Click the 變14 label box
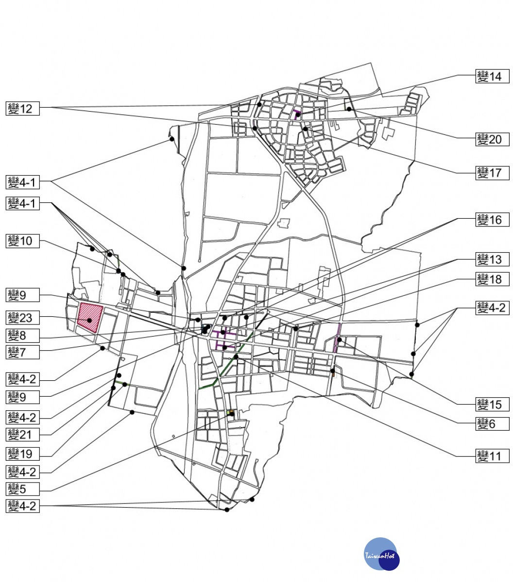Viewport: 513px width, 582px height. coord(492,77)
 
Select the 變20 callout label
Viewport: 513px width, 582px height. coord(492,139)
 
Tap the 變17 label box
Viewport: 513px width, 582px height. coord(492,173)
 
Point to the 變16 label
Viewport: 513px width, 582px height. coord(492,220)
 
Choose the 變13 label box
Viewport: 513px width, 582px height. coord(492,259)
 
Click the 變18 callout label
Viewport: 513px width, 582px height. coord(492,279)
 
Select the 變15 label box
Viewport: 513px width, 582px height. coord(492,404)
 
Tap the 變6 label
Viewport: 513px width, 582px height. coord(492,423)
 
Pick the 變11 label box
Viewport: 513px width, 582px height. coord(492,456)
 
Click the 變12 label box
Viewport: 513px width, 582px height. coord(23,109)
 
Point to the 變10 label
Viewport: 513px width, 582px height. coord(23,241)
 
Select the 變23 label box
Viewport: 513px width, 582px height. coord(23,318)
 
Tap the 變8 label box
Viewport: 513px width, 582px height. coord(23,336)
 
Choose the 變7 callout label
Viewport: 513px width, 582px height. coord(23,352)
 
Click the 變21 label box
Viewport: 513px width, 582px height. coord(23,435)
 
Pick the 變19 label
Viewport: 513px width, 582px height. coord(23,454)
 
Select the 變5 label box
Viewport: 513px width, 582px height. coord(23,489)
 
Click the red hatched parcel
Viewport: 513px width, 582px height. coord(90,317)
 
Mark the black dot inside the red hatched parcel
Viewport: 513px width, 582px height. coord(89,320)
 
